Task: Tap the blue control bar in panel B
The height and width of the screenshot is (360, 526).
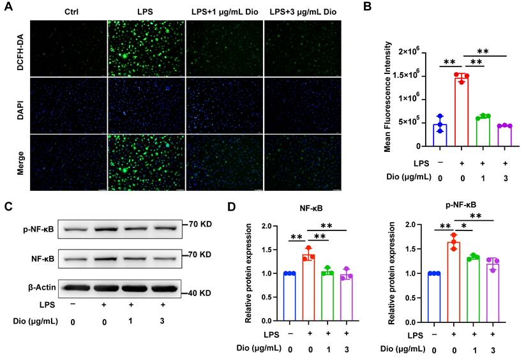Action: pyautogui.click(x=440, y=135)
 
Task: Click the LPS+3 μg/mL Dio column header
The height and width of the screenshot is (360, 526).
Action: pyautogui.click(x=301, y=12)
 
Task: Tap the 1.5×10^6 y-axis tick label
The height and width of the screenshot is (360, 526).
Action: pyautogui.click(x=410, y=75)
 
